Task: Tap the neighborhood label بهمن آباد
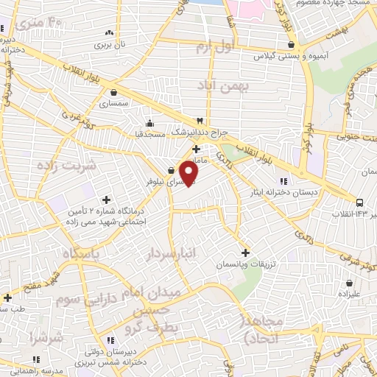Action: click(x=224, y=86)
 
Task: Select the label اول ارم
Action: click(x=214, y=47)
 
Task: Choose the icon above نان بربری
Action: click(x=109, y=32)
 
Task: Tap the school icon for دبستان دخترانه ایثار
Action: click(x=283, y=182)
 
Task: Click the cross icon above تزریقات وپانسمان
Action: click(x=246, y=252)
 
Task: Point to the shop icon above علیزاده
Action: click(x=349, y=282)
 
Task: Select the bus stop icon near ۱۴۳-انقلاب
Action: click(x=359, y=202)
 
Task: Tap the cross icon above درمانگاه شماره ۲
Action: click(x=107, y=200)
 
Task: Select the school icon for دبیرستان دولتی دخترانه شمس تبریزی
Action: click(x=111, y=341)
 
